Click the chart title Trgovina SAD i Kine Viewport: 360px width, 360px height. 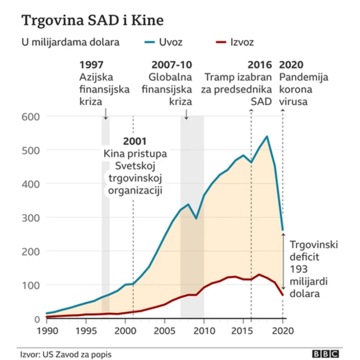click(93, 21)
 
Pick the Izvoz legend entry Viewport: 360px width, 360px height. click(242, 42)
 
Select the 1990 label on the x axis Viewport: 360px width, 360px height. click(47, 330)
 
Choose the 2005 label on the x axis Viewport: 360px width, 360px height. click(165, 330)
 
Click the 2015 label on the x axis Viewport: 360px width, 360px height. click(243, 330)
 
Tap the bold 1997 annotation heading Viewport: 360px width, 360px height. click(92, 65)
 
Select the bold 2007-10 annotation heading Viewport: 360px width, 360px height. click(172, 65)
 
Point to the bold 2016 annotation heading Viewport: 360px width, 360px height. click(260, 65)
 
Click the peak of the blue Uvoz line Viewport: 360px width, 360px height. click(267, 136)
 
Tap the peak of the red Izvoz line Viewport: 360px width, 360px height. click(259, 274)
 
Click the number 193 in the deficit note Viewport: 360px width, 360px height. click(298, 269)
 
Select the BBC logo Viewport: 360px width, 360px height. click(326, 353)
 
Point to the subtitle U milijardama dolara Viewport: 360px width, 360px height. click(62, 42)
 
